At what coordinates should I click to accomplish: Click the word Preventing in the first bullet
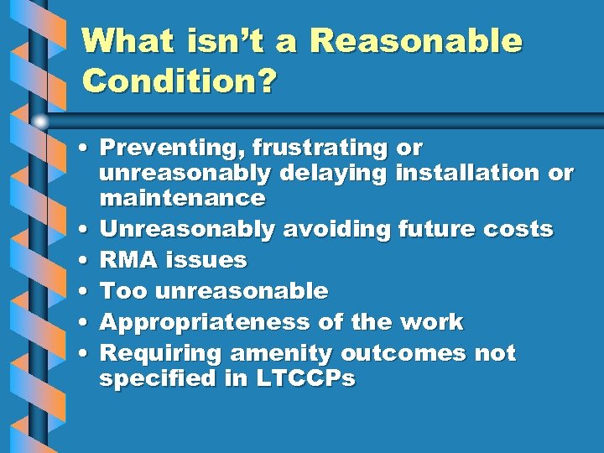pyautogui.click(x=159, y=148)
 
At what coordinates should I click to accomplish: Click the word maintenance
pyautogui.click(x=182, y=198)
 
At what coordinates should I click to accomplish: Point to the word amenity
pyautogui.click(x=274, y=353)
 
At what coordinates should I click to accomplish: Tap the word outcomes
pyautogui.click(x=401, y=353)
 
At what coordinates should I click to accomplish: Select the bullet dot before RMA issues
pyautogui.click(x=86, y=261)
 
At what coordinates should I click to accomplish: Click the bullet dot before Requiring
pyautogui.click(x=86, y=354)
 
